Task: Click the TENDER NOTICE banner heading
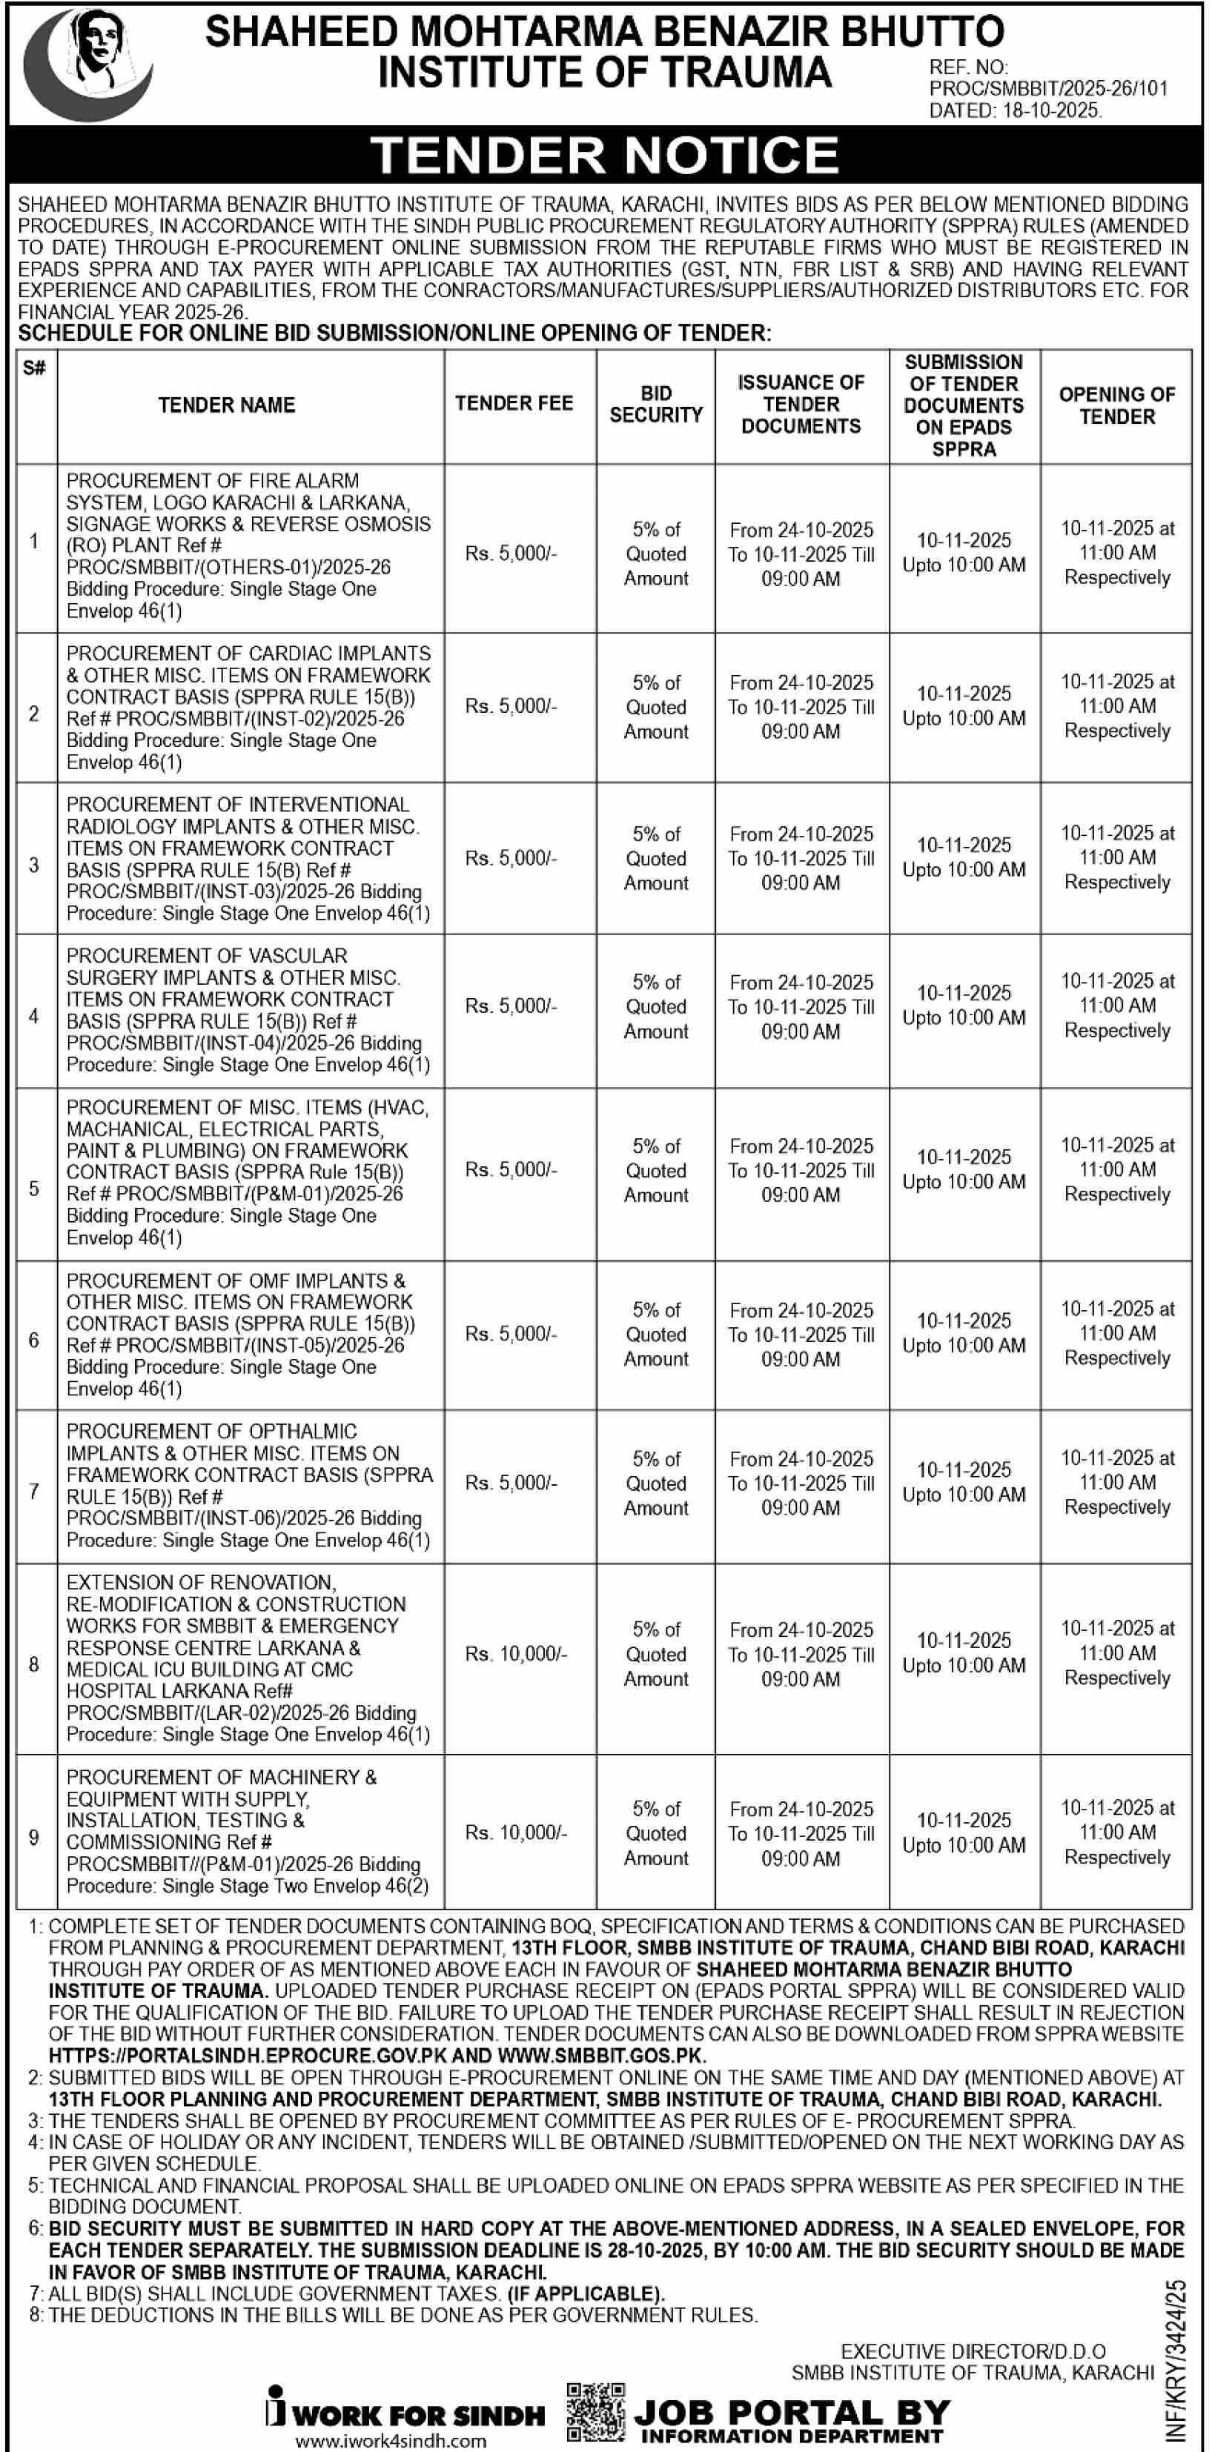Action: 605,155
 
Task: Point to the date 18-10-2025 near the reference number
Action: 1047,110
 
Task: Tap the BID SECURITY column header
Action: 655,405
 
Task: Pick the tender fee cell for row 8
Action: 515,1653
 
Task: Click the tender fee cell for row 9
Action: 515,1833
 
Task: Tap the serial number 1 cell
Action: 34,541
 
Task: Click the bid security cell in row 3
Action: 655,857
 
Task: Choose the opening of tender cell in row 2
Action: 1117,706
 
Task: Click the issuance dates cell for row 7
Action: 801,1483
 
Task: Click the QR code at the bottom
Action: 596,2412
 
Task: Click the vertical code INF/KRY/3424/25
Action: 1176,2361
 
